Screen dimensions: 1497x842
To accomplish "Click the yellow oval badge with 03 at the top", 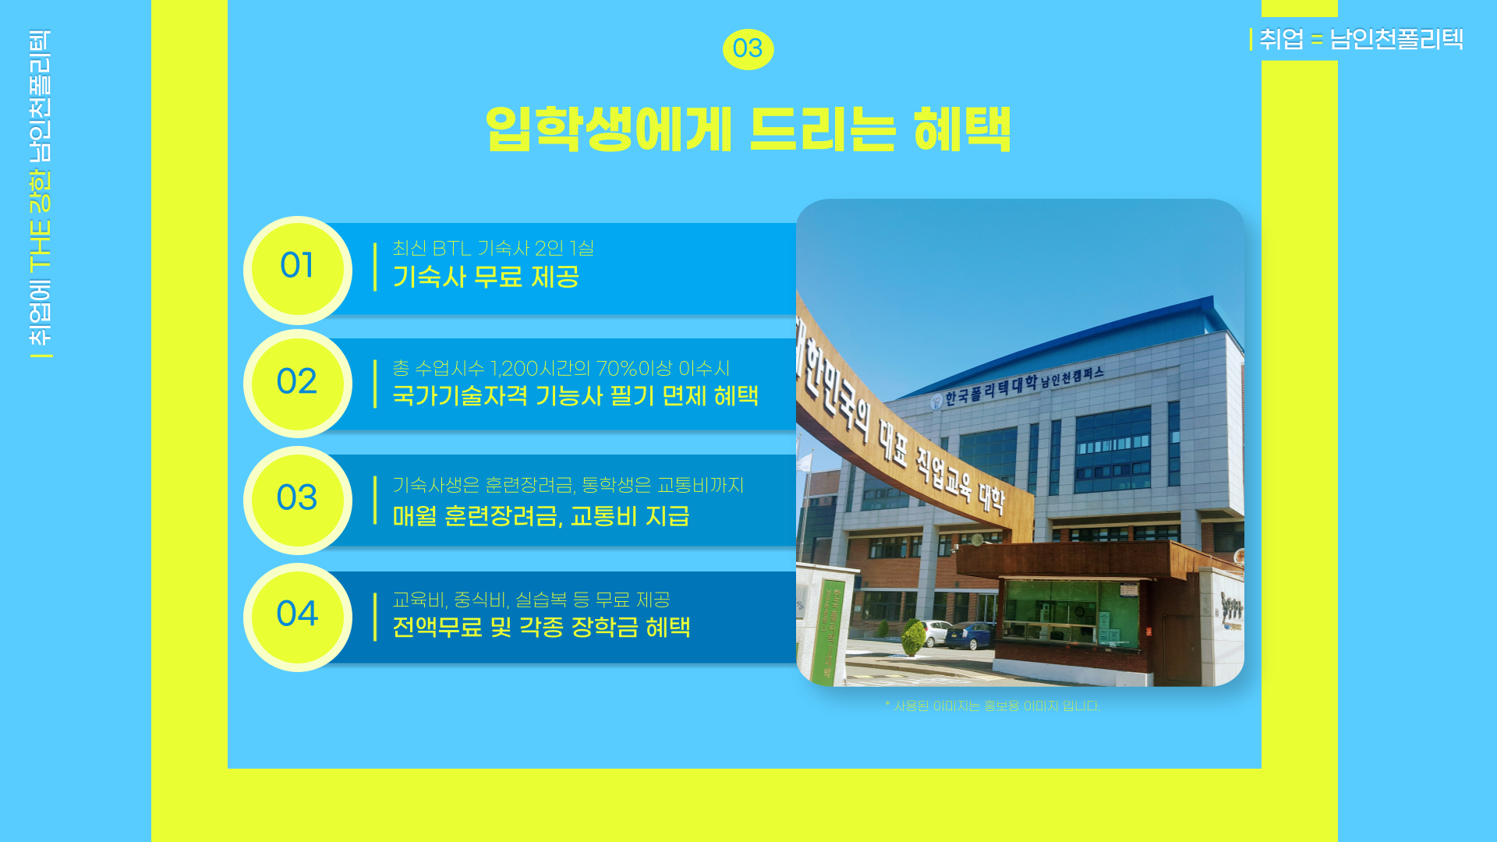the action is tap(748, 49).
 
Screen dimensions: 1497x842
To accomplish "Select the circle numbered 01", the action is tap(298, 271).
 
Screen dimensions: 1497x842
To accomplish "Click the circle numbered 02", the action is tap(298, 384).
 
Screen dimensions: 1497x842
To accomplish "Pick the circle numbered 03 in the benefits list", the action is tap(298, 501).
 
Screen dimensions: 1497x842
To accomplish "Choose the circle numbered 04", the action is tap(298, 617).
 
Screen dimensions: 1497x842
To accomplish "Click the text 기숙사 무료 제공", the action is tap(486, 277).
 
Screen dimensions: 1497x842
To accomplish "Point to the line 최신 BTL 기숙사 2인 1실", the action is tap(493, 248).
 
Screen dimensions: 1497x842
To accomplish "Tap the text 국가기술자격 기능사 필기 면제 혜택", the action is tap(575, 395).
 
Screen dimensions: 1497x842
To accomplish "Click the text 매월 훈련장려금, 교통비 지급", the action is tap(541, 515).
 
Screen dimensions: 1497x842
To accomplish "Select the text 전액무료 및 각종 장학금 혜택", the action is tap(541, 627).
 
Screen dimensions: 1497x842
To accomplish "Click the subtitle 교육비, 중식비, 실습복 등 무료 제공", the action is tap(531, 600).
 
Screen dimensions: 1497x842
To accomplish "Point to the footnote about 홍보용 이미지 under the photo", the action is tap(993, 706).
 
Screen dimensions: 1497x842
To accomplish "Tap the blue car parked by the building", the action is tap(970, 635).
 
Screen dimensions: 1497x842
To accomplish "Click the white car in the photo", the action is tap(934, 633).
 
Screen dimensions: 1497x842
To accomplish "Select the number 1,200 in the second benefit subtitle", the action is tap(515, 368).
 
